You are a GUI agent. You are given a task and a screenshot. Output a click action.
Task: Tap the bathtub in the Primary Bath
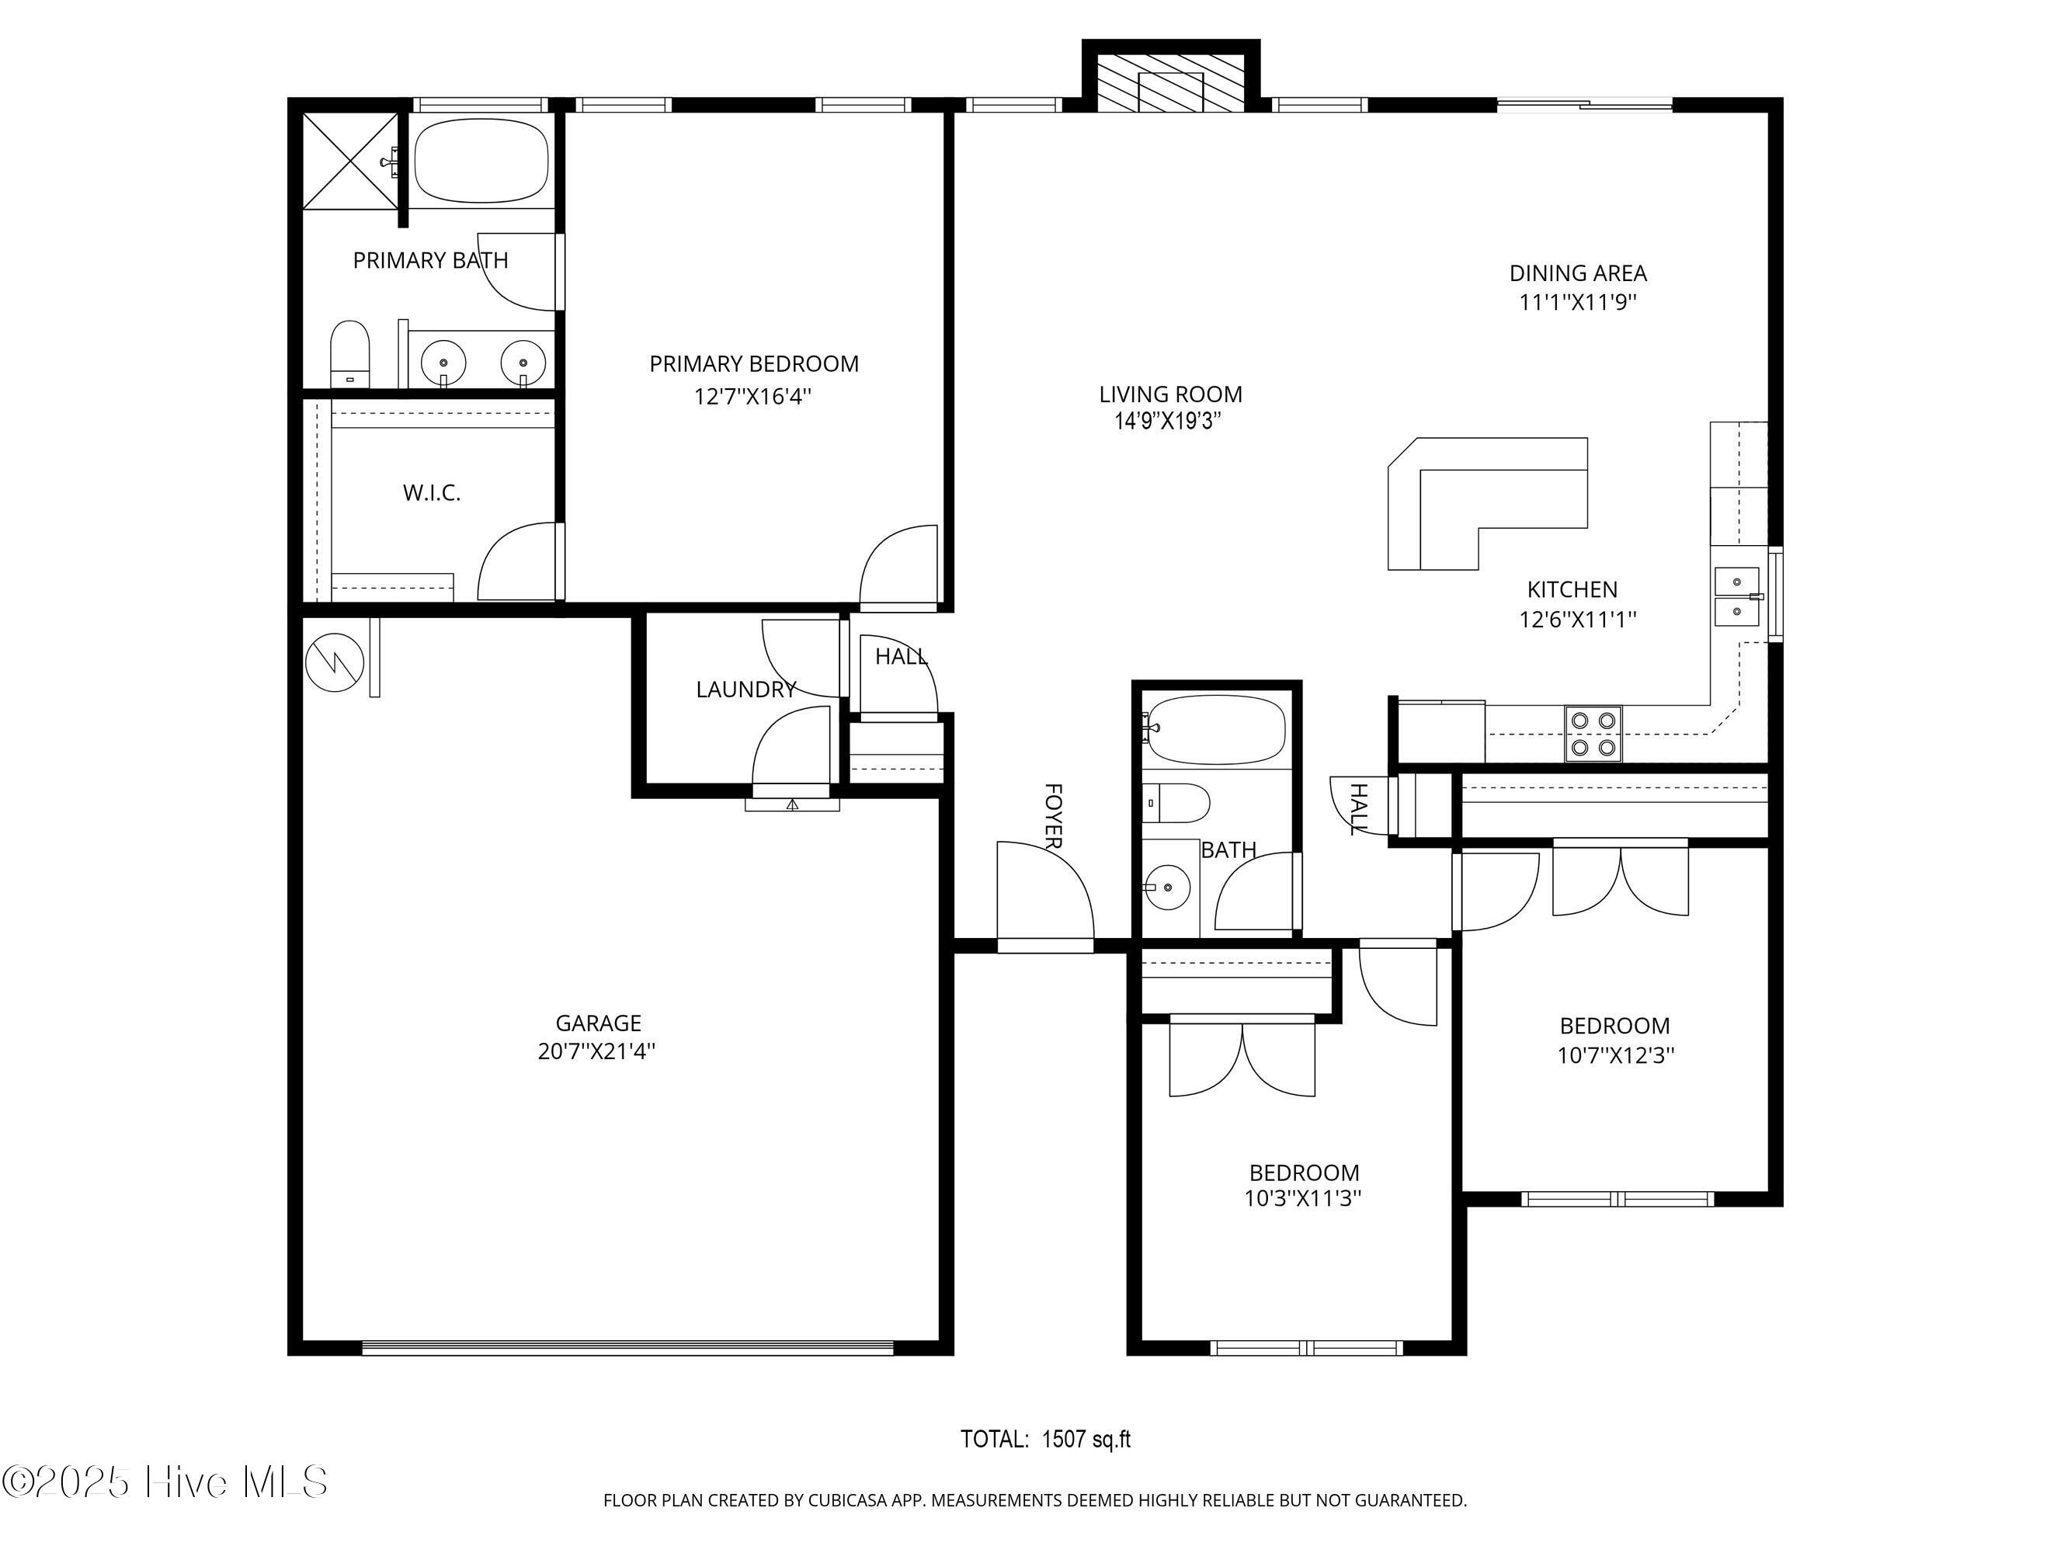point(482,160)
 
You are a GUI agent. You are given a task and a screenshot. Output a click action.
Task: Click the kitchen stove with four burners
point(1593,733)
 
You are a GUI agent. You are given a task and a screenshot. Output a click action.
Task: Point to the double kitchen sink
point(1738,596)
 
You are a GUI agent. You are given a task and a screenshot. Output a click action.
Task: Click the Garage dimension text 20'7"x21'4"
point(596,1051)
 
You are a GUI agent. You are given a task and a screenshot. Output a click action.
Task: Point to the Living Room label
point(1170,394)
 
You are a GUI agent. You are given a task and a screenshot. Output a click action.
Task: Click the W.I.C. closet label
point(432,492)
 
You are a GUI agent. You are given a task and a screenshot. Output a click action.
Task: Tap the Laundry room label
point(746,690)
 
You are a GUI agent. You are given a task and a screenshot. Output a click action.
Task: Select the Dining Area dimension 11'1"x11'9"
point(1578,302)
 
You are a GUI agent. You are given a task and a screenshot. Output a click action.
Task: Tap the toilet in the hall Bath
point(1177,802)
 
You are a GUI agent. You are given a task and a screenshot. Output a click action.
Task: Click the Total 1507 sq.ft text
point(1046,1439)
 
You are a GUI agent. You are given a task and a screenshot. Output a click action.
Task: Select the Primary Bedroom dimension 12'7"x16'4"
point(752,396)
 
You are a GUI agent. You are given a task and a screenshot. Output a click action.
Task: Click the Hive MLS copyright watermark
point(165,1483)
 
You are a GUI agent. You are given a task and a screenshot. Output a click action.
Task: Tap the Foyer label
point(1053,816)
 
